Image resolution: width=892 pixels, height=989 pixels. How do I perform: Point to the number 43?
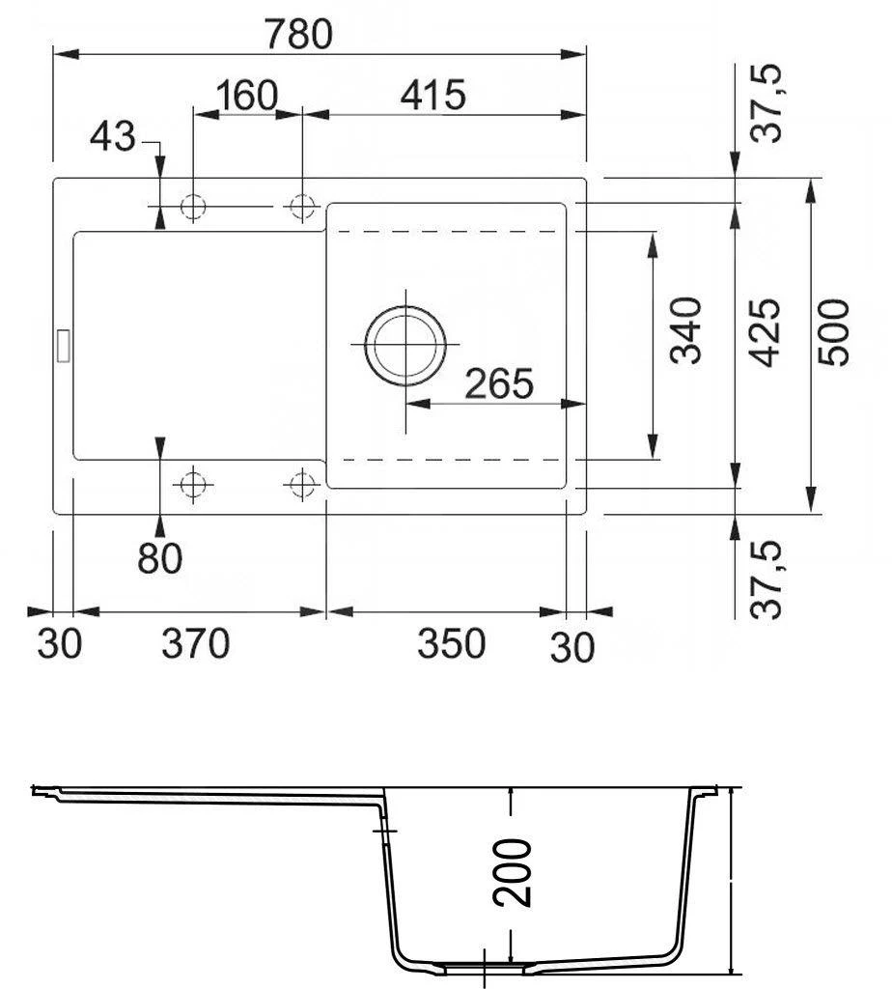coord(112,138)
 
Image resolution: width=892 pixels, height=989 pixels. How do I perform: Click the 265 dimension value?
coord(498,383)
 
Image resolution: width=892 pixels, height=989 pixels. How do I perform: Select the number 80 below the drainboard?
coord(159,558)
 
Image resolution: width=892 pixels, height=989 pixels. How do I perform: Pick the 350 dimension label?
coord(450,643)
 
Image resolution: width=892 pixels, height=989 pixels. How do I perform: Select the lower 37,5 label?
coord(769,579)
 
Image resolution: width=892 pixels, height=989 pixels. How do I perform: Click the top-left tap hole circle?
coord(194,207)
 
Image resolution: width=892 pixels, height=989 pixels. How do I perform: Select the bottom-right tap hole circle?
coord(303,482)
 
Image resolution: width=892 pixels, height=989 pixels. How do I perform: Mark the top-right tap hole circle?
coord(303,207)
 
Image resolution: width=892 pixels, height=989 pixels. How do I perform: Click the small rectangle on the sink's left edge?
coord(65,345)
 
